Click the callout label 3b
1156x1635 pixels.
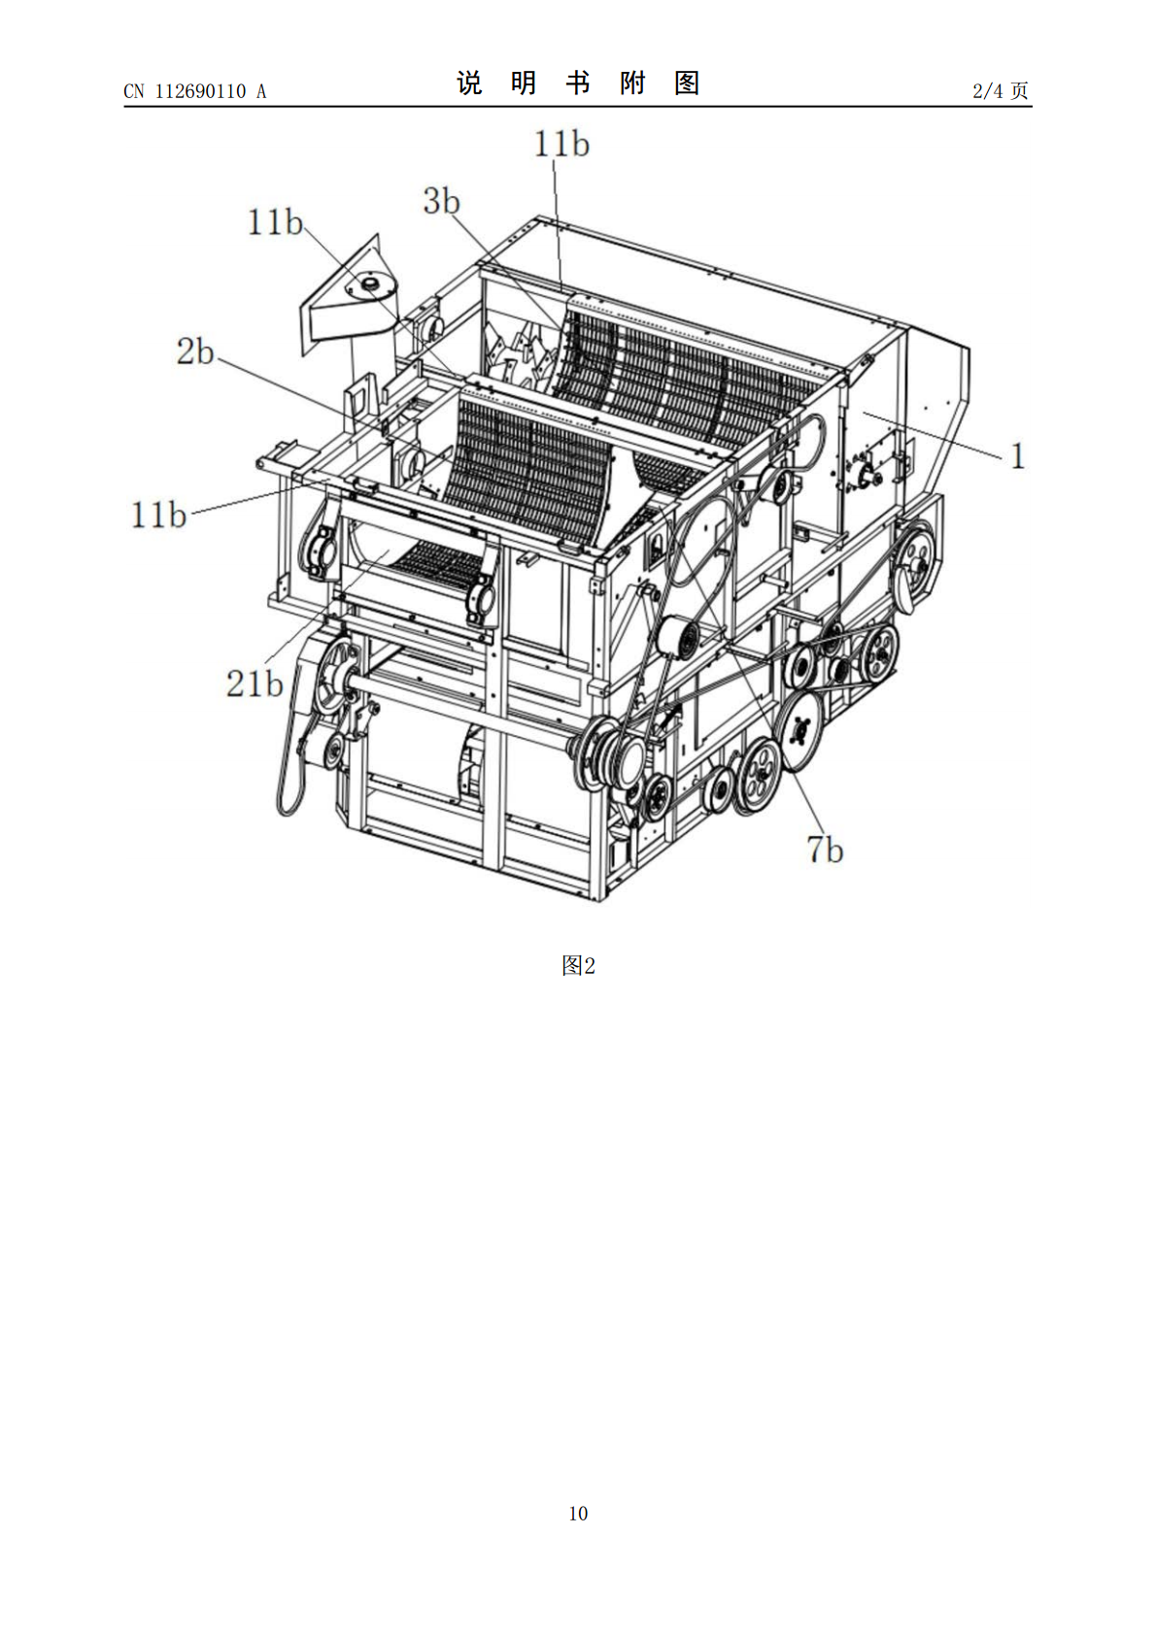pos(442,201)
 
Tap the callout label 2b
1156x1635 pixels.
pos(195,351)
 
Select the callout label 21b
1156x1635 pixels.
pos(255,684)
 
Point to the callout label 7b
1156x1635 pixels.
pos(825,850)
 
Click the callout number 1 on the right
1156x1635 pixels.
pos(1018,456)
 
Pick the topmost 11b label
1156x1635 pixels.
pos(561,144)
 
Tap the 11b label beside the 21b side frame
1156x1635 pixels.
pos(158,516)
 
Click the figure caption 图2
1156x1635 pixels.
pos(578,966)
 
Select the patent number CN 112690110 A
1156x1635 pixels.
pos(195,91)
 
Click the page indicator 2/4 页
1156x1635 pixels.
pos(1001,90)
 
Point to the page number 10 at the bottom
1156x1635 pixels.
pos(578,1513)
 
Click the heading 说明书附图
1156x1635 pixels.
pos(578,83)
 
